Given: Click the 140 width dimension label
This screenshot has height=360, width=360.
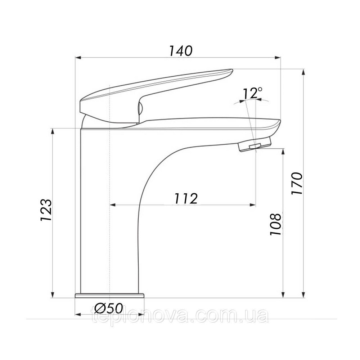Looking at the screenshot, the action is pyautogui.click(x=180, y=51).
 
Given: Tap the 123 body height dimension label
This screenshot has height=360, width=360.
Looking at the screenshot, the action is pyautogui.click(x=46, y=210).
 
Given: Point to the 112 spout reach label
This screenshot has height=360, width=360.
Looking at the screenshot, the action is pyautogui.click(x=186, y=198).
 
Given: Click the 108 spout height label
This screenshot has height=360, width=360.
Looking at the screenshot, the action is pyautogui.click(x=275, y=224).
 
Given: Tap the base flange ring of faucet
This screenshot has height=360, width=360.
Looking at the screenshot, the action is pyautogui.click(x=110, y=295).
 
